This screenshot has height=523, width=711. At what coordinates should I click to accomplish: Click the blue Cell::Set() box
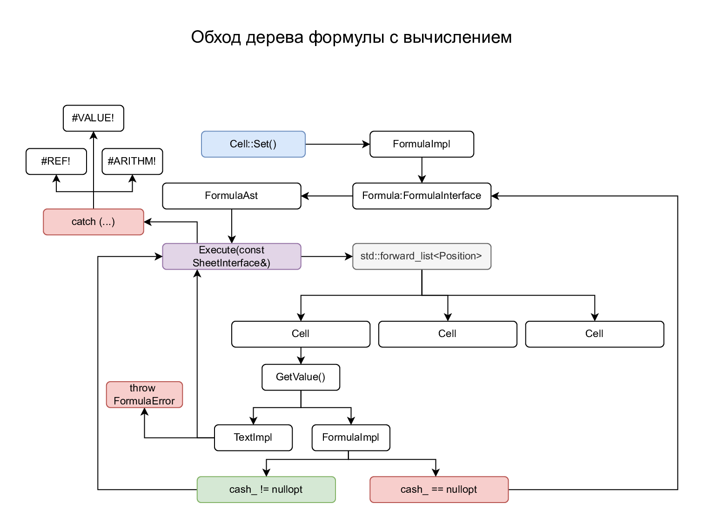pos(253,144)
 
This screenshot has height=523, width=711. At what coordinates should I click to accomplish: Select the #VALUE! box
pos(93,118)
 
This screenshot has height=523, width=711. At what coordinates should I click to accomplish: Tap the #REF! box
pos(56,161)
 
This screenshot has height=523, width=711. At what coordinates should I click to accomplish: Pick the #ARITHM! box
pos(132,161)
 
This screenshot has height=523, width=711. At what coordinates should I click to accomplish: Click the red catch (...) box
pos(93,222)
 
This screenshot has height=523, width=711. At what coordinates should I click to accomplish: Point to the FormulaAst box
pos(231,196)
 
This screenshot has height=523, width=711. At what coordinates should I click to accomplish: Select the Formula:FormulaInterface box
pos(422,196)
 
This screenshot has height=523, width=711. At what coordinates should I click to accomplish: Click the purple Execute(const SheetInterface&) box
pos(231,256)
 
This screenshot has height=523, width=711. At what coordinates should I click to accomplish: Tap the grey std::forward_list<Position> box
pos(422,256)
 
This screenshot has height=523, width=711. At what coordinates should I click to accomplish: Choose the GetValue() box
pos(301,377)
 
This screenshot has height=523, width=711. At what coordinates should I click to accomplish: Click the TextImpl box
pos(253,437)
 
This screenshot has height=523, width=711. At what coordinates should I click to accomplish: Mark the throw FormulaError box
pos(144,395)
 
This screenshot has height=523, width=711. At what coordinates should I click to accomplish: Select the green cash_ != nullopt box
pos(266,490)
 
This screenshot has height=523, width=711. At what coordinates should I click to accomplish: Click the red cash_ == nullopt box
pos(439,490)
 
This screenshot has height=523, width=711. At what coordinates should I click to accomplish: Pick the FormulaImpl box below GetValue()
pos(351,437)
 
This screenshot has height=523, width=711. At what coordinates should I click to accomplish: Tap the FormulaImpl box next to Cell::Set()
pos(422,144)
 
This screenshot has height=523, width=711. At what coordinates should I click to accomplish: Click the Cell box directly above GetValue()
pos(301,334)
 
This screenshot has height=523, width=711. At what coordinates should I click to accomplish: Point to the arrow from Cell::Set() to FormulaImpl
pos(337,144)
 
